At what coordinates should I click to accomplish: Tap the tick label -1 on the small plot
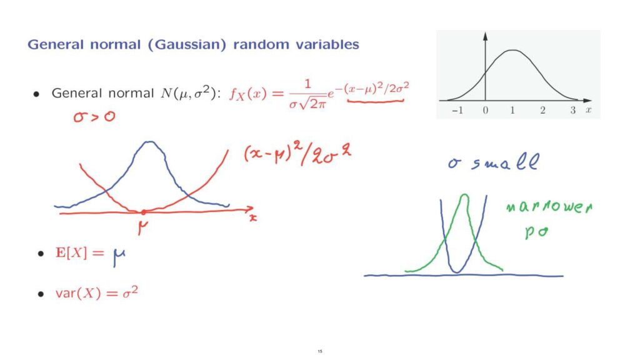pos(457,110)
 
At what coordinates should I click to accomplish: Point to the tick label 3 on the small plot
pos(573,110)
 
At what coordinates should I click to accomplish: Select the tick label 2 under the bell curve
pos(542,110)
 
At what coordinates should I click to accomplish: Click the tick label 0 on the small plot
pos(485,110)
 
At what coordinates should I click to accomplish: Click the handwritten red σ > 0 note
pos(94,117)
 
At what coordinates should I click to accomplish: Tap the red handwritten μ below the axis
pos(142,227)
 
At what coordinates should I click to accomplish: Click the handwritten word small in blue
pos(505,162)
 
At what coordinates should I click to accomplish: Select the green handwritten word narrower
pos(549,207)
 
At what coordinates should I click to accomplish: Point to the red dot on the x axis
pos(143,212)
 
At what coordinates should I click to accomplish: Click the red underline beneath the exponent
pos(375,101)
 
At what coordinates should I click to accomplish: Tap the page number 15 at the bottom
pos(320,351)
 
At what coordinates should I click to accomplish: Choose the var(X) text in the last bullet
pos(78,294)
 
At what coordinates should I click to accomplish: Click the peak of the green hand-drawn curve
pos(464,195)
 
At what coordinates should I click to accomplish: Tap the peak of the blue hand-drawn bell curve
pos(150,142)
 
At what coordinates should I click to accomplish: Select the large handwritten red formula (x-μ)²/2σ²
pos(297,154)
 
